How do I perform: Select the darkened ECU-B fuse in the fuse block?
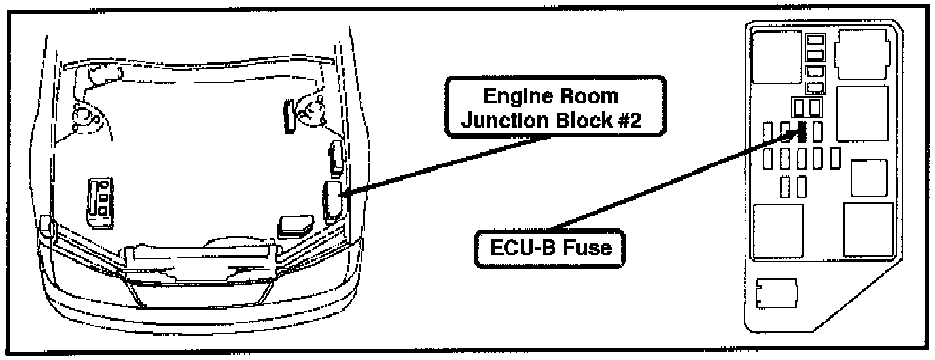801,130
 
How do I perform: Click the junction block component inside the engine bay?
332,200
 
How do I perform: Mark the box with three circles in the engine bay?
100,198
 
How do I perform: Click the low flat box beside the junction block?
294,226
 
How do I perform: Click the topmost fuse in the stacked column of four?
814,41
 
